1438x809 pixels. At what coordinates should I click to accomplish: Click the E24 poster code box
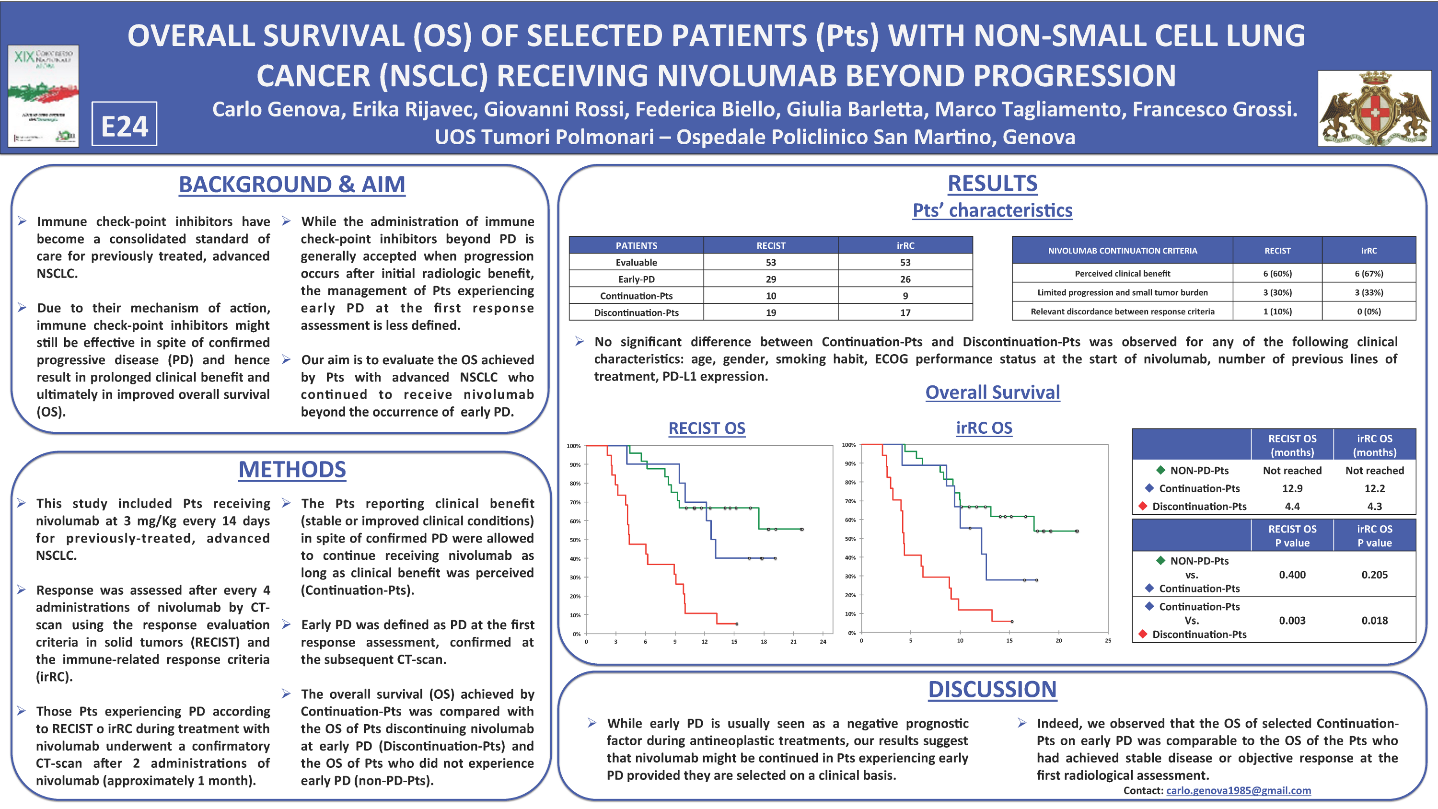(x=124, y=125)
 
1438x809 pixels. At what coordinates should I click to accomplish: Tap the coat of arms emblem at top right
(x=1374, y=109)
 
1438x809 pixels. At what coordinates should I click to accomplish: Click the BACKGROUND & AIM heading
(x=291, y=185)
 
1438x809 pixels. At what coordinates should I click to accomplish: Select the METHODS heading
(x=292, y=470)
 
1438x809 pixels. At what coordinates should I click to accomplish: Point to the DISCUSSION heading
(x=992, y=690)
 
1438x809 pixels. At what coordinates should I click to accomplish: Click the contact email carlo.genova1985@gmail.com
(x=1238, y=791)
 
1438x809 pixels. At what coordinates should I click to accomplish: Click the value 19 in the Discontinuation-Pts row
(x=770, y=312)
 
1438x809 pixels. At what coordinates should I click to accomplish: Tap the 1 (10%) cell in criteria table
(x=1277, y=312)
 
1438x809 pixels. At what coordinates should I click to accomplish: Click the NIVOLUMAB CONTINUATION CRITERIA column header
(x=1122, y=251)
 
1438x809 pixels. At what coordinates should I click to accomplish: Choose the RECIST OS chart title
(x=707, y=428)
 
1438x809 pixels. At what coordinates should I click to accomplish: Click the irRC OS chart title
(x=984, y=428)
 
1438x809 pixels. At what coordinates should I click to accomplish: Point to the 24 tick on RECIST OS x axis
(x=822, y=642)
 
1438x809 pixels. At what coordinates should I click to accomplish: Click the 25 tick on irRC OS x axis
(x=1108, y=641)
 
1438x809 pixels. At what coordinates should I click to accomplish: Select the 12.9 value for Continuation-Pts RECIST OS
(x=1292, y=488)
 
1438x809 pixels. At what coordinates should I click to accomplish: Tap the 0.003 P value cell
(x=1292, y=620)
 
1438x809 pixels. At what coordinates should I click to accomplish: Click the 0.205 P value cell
(x=1374, y=575)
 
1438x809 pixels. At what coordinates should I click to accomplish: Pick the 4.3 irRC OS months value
(x=1374, y=507)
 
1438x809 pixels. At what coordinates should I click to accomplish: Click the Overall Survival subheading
(x=992, y=393)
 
